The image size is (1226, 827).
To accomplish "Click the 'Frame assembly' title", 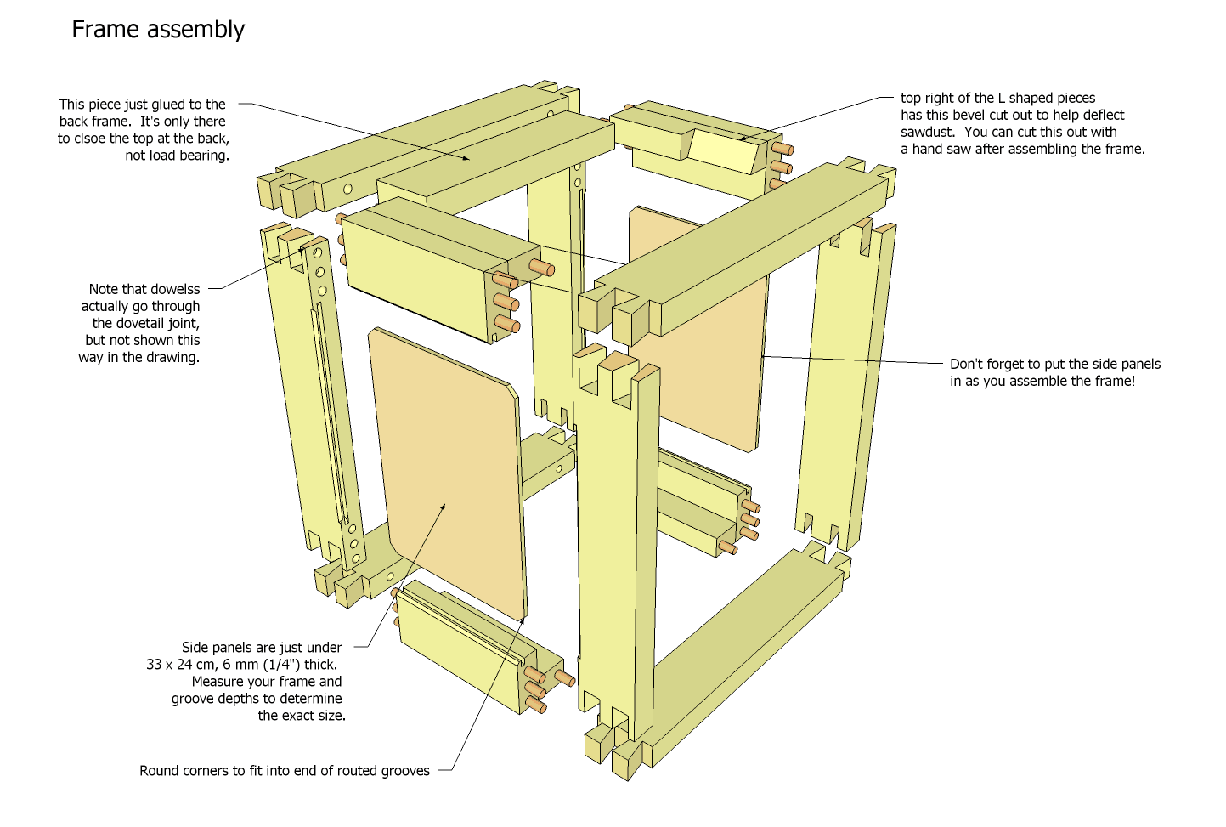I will (x=158, y=30).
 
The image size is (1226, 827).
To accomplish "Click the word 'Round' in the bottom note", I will (x=159, y=771).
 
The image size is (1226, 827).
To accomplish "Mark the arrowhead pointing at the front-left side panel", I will (x=443, y=507).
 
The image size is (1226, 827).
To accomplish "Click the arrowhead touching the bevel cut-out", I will (x=743, y=139).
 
